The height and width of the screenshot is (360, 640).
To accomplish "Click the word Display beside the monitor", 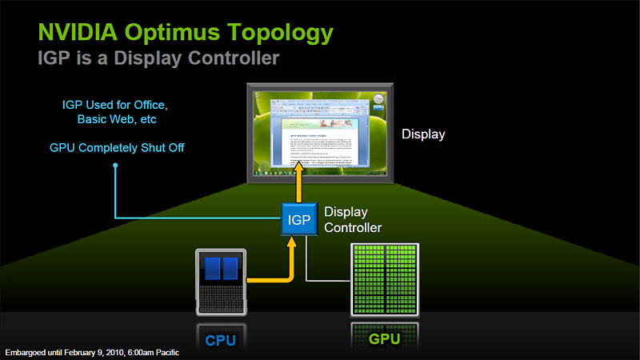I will pyautogui.click(x=423, y=134).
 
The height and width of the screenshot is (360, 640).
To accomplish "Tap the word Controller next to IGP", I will pyautogui.click(x=353, y=227).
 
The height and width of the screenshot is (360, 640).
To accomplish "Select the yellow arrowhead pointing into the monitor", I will pyautogui.click(x=298, y=170).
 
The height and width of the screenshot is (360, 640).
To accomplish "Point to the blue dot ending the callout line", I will pyautogui.click(x=115, y=166).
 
